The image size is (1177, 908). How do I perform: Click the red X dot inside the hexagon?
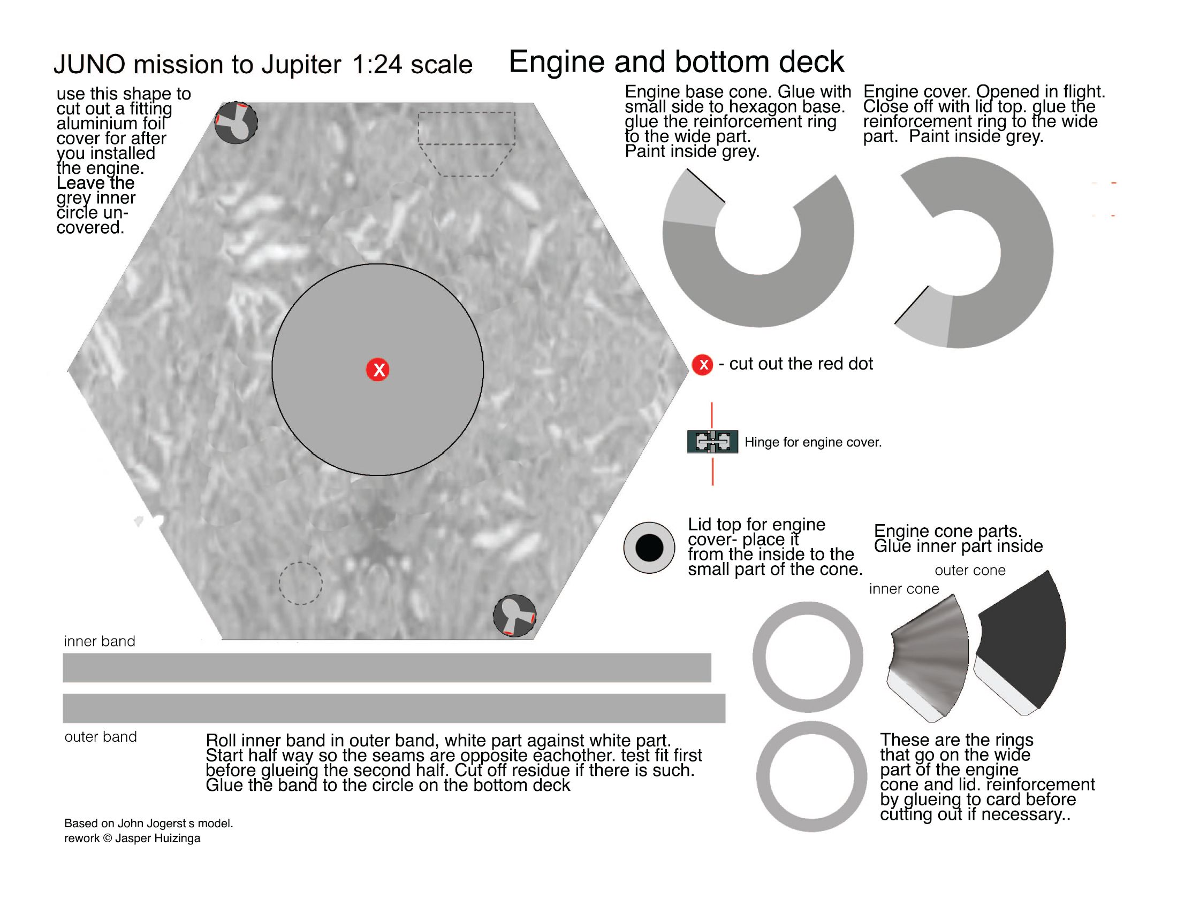tap(378, 370)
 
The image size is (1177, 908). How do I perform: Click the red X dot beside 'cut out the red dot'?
tap(703, 365)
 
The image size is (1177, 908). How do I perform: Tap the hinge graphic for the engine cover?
tap(712, 442)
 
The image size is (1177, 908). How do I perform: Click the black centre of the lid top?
tap(649, 548)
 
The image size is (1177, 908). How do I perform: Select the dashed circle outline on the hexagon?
tap(300, 583)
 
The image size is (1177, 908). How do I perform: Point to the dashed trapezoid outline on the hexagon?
tap(466, 143)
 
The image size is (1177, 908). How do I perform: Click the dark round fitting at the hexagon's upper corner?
tap(236, 123)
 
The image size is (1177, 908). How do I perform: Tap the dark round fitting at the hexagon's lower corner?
tap(515, 615)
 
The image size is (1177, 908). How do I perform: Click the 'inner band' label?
tap(100, 641)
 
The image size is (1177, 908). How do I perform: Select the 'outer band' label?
tap(101, 737)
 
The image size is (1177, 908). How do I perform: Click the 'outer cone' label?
tap(970, 571)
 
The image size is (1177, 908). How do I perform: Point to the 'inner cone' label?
tap(904, 589)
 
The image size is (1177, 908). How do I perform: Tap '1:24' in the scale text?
tap(377, 65)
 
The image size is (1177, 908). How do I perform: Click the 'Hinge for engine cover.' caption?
tap(812, 442)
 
